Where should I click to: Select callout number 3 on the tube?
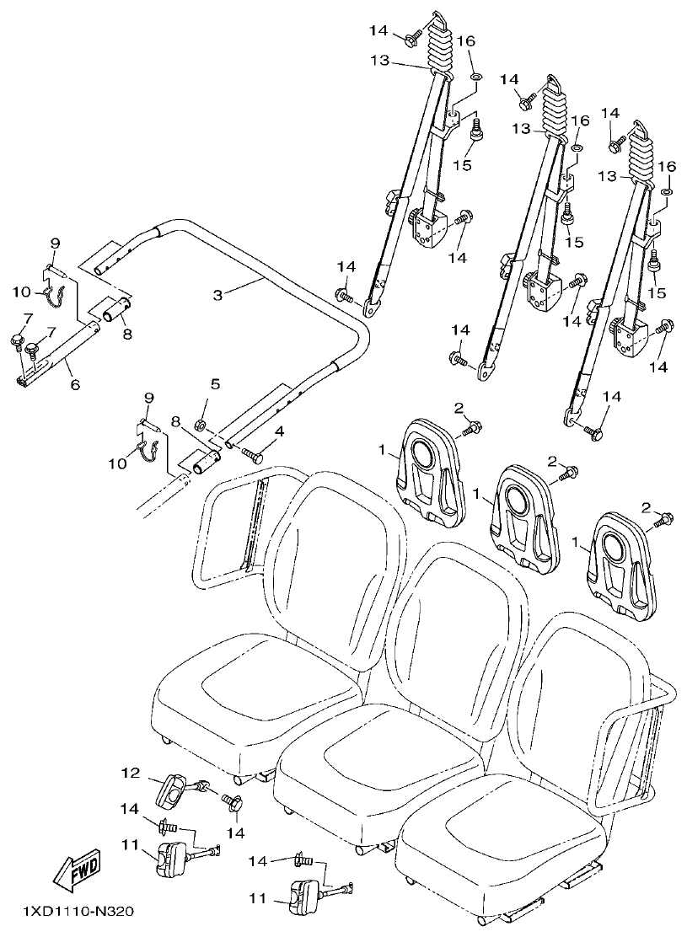click(217, 294)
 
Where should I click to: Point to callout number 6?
click(74, 384)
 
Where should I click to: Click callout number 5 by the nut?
click(215, 383)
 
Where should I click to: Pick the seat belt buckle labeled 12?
click(173, 790)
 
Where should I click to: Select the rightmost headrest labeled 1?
click(623, 560)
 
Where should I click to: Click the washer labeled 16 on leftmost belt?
click(475, 78)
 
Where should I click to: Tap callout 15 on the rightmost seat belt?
click(657, 292)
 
